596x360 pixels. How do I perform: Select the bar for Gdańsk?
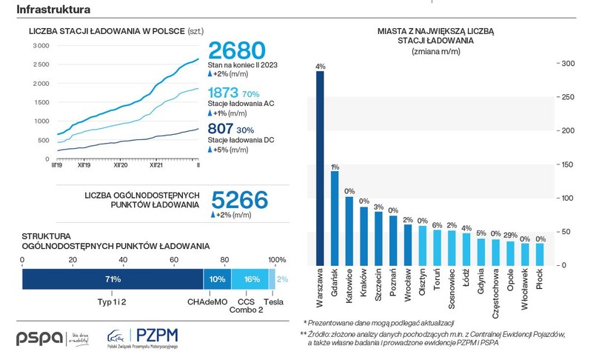pos(335,218)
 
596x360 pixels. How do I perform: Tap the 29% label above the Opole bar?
pos(509,235)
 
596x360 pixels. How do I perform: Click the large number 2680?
pos(236,51)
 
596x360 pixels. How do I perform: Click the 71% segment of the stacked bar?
pos(113,279)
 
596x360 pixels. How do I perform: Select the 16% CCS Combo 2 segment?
pos(251,279)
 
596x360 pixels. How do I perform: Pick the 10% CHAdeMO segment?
pos(217,279)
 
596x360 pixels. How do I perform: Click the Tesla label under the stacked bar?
pos(274,302)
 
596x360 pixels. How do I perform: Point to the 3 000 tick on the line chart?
pos(39,46)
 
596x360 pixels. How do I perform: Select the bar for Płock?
pos(539,254)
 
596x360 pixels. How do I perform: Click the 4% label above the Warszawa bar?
pos(320,66)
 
